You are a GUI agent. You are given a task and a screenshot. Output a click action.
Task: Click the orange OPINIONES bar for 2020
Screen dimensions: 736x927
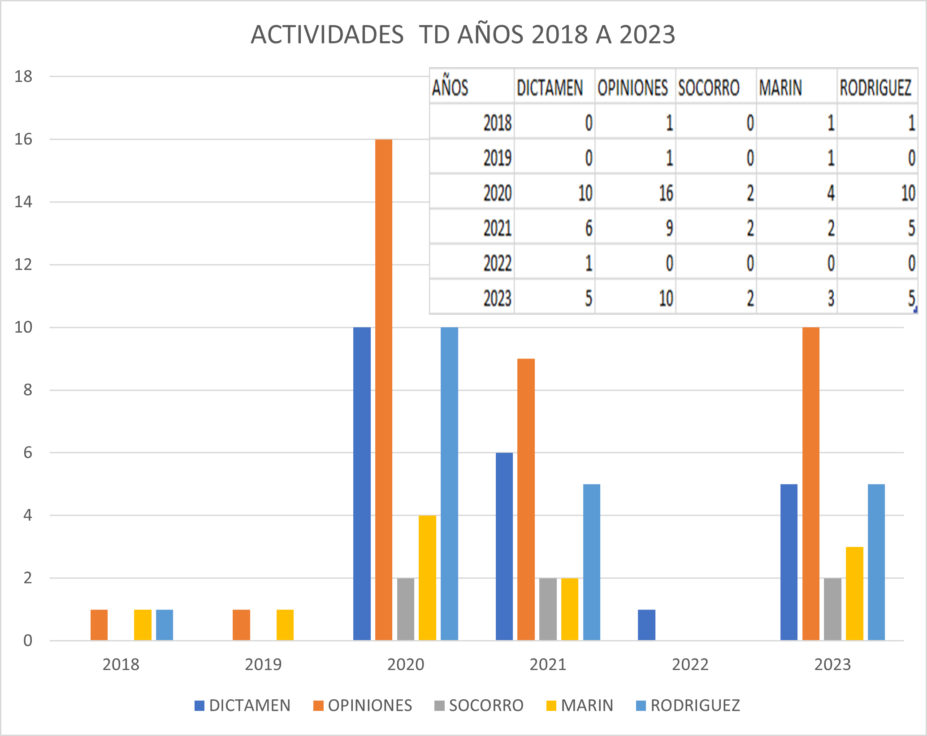pos(384,390)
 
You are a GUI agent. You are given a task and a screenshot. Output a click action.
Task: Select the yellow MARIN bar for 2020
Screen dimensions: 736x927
pos(427,578)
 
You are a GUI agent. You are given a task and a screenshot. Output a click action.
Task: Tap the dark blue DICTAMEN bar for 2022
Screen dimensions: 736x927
pos(646,625)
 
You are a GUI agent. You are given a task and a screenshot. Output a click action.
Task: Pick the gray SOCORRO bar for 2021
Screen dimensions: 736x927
pos(548,609)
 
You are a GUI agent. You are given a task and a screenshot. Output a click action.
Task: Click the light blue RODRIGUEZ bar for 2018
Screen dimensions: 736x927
pos(165,625)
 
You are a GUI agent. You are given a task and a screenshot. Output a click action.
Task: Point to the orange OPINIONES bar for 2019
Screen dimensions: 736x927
pos(241,625)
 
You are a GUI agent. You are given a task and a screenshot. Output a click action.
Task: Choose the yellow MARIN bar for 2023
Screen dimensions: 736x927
pos(854,593)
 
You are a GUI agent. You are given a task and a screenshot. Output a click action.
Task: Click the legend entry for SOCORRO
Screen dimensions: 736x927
pos(479,706)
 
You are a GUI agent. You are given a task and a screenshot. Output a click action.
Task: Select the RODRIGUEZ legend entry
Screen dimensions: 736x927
pos(688,706)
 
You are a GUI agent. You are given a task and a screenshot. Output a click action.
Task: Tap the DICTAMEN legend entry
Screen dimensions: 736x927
pos(243,706)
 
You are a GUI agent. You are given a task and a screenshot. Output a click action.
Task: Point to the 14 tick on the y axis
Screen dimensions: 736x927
pos(23,202)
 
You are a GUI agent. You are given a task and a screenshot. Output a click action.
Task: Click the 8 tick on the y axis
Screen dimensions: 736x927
pos(28,390)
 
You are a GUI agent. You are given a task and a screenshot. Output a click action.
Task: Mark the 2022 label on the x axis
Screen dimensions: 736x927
pos(690,664)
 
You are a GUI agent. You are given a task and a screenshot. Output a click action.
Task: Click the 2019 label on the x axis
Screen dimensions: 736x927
pos(263,664)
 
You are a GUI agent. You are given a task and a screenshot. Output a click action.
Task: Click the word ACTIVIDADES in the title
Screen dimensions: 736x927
pos(327,35)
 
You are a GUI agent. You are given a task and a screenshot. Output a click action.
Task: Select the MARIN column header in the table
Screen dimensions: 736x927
pos(780,87)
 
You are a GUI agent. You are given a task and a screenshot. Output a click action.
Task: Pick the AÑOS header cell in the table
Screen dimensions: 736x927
pos(450,87)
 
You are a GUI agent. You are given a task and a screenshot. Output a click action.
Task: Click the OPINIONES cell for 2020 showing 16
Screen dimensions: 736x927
pos(666,193)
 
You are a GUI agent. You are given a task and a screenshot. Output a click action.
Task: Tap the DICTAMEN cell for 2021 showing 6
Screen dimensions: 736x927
pos(589,228)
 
